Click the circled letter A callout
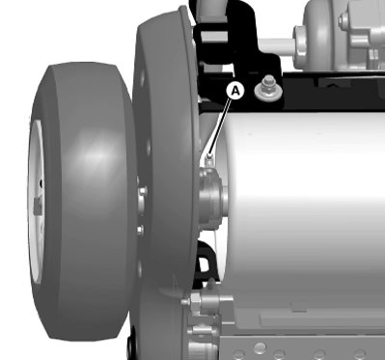coord(234,91)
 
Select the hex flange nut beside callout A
coord(265,92)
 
